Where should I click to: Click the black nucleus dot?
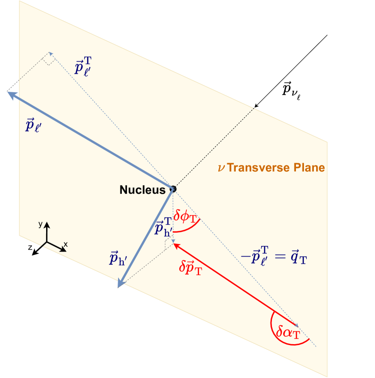pos(173,189)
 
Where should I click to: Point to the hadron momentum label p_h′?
pos(120,258)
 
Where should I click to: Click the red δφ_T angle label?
pos(186,216)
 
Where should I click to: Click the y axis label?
pos(41,225)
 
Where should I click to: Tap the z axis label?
pos(30,247)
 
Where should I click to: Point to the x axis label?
pos(66,244)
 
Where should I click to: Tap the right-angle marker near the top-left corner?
pos(49,58)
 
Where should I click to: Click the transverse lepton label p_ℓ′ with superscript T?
pos(87,66)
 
